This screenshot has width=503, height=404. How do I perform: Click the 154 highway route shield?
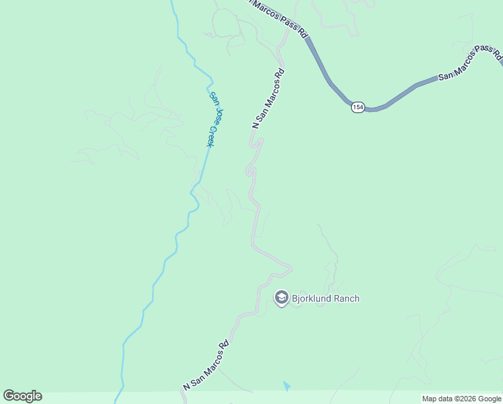(358, 107)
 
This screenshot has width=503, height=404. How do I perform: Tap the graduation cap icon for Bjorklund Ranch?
(281, 298)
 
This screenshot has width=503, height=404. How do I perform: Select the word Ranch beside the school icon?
(348, 298)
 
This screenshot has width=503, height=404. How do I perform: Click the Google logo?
(22, 396)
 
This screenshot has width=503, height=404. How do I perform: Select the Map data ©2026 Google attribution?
(461, 399)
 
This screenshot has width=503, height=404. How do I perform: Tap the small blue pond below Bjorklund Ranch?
(287, 386)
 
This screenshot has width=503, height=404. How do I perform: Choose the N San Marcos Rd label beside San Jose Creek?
(268, 98)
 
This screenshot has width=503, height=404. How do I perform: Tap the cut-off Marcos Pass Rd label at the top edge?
(277, 16)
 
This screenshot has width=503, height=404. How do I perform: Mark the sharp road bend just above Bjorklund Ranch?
(290, 269)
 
